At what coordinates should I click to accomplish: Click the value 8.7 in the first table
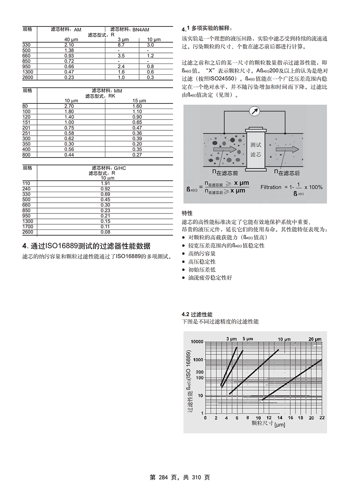tap(121, 45)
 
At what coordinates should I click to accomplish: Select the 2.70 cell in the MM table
tap(69, 106)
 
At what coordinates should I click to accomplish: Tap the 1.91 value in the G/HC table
tap(105, 184)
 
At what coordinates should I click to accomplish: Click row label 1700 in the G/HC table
tap(28, 226)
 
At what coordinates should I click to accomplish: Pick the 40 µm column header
tap(71, 39)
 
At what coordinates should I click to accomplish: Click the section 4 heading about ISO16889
tap(86, 246)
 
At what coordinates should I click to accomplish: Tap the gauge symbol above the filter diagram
tap(254, 111)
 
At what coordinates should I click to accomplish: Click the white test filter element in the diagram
tap(255, 150)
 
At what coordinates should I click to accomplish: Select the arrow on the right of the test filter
tap(288, 149)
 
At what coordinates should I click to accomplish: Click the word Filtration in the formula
tap(271, 187)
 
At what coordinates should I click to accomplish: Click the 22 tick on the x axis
tap(322, 418)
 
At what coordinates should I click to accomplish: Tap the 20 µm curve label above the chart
tap(315, 339)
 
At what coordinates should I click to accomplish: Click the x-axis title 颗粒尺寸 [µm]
tap(268, 424)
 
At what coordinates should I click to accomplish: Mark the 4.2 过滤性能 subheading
tap(197, 314)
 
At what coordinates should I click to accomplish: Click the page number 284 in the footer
tap(163, 478)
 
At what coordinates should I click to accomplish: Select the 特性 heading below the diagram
tap(187, 213)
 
